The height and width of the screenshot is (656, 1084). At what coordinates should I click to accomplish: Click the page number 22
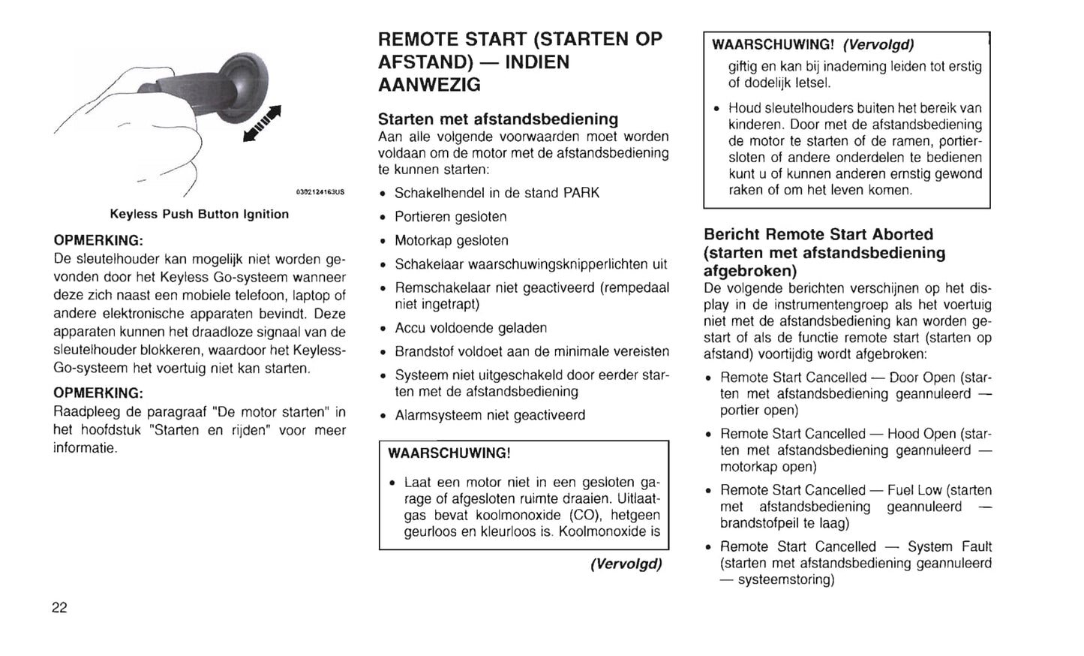tap(59, 608)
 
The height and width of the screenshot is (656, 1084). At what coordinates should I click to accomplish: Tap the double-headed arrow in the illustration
tap(262, 124)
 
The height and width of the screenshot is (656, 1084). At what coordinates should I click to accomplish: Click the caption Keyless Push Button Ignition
tap(199, 214)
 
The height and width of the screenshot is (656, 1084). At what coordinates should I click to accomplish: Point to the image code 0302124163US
tap(320, 192)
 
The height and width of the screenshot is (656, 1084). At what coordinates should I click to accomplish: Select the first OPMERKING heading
tap(98, 241)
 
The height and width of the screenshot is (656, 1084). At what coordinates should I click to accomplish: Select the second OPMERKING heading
tap(98, 393)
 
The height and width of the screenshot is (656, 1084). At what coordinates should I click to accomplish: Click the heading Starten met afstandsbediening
tap(498, 119)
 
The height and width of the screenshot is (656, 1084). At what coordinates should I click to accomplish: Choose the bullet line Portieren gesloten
tap(451, 217)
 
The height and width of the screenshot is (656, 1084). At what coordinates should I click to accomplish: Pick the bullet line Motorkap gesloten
tap(452, 241)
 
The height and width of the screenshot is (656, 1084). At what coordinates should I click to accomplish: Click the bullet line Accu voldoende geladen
tap(471, 328)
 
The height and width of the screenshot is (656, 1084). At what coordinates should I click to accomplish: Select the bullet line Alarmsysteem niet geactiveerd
tap(490, 415)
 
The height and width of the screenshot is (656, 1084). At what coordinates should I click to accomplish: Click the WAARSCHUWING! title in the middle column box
tap(449, 453)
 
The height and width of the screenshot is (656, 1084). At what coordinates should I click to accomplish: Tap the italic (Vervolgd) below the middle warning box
tap(626, 564)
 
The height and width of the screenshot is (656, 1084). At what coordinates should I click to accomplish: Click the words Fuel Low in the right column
tap(914, 490)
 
